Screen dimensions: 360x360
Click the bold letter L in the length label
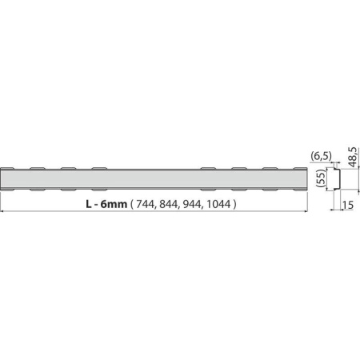(x=89, y=204)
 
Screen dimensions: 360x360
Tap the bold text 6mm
(x=114, y=204)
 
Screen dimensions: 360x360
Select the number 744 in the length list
(x=146, y=204)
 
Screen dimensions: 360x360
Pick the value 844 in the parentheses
(x=169, y=204)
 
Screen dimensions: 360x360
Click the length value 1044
(x=218, y=204)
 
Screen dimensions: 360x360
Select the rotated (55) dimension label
(x=322, y=178)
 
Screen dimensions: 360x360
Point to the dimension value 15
(x=348, y=205)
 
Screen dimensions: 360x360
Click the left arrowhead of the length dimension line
(x=2, y=211)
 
